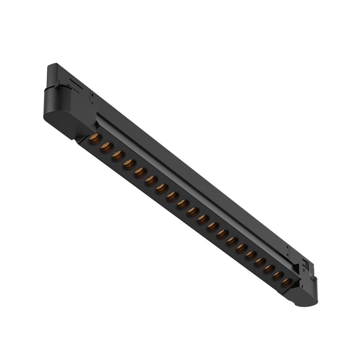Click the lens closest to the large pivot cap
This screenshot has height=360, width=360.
(94, 138)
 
